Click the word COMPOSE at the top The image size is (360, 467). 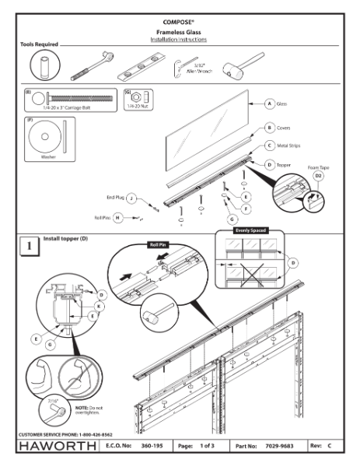pos(179,13)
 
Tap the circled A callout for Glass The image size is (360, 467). pos(270,103)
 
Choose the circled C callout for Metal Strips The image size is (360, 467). pos(270,145)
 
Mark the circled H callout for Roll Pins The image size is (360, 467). pos(119,219)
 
